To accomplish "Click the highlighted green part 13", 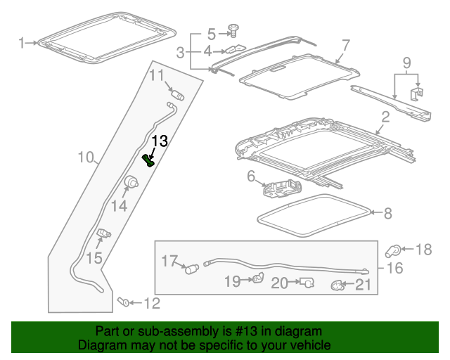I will (149, 161).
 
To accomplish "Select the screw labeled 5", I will (233, 32).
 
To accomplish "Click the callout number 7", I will (345, 46).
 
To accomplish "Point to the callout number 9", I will (406, 64).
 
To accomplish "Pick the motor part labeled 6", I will (282, 190).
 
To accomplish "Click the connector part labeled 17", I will (189, 267).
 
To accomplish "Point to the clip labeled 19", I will (257, 280).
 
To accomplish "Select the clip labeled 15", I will (104, 234).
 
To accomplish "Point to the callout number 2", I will (385, 116).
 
